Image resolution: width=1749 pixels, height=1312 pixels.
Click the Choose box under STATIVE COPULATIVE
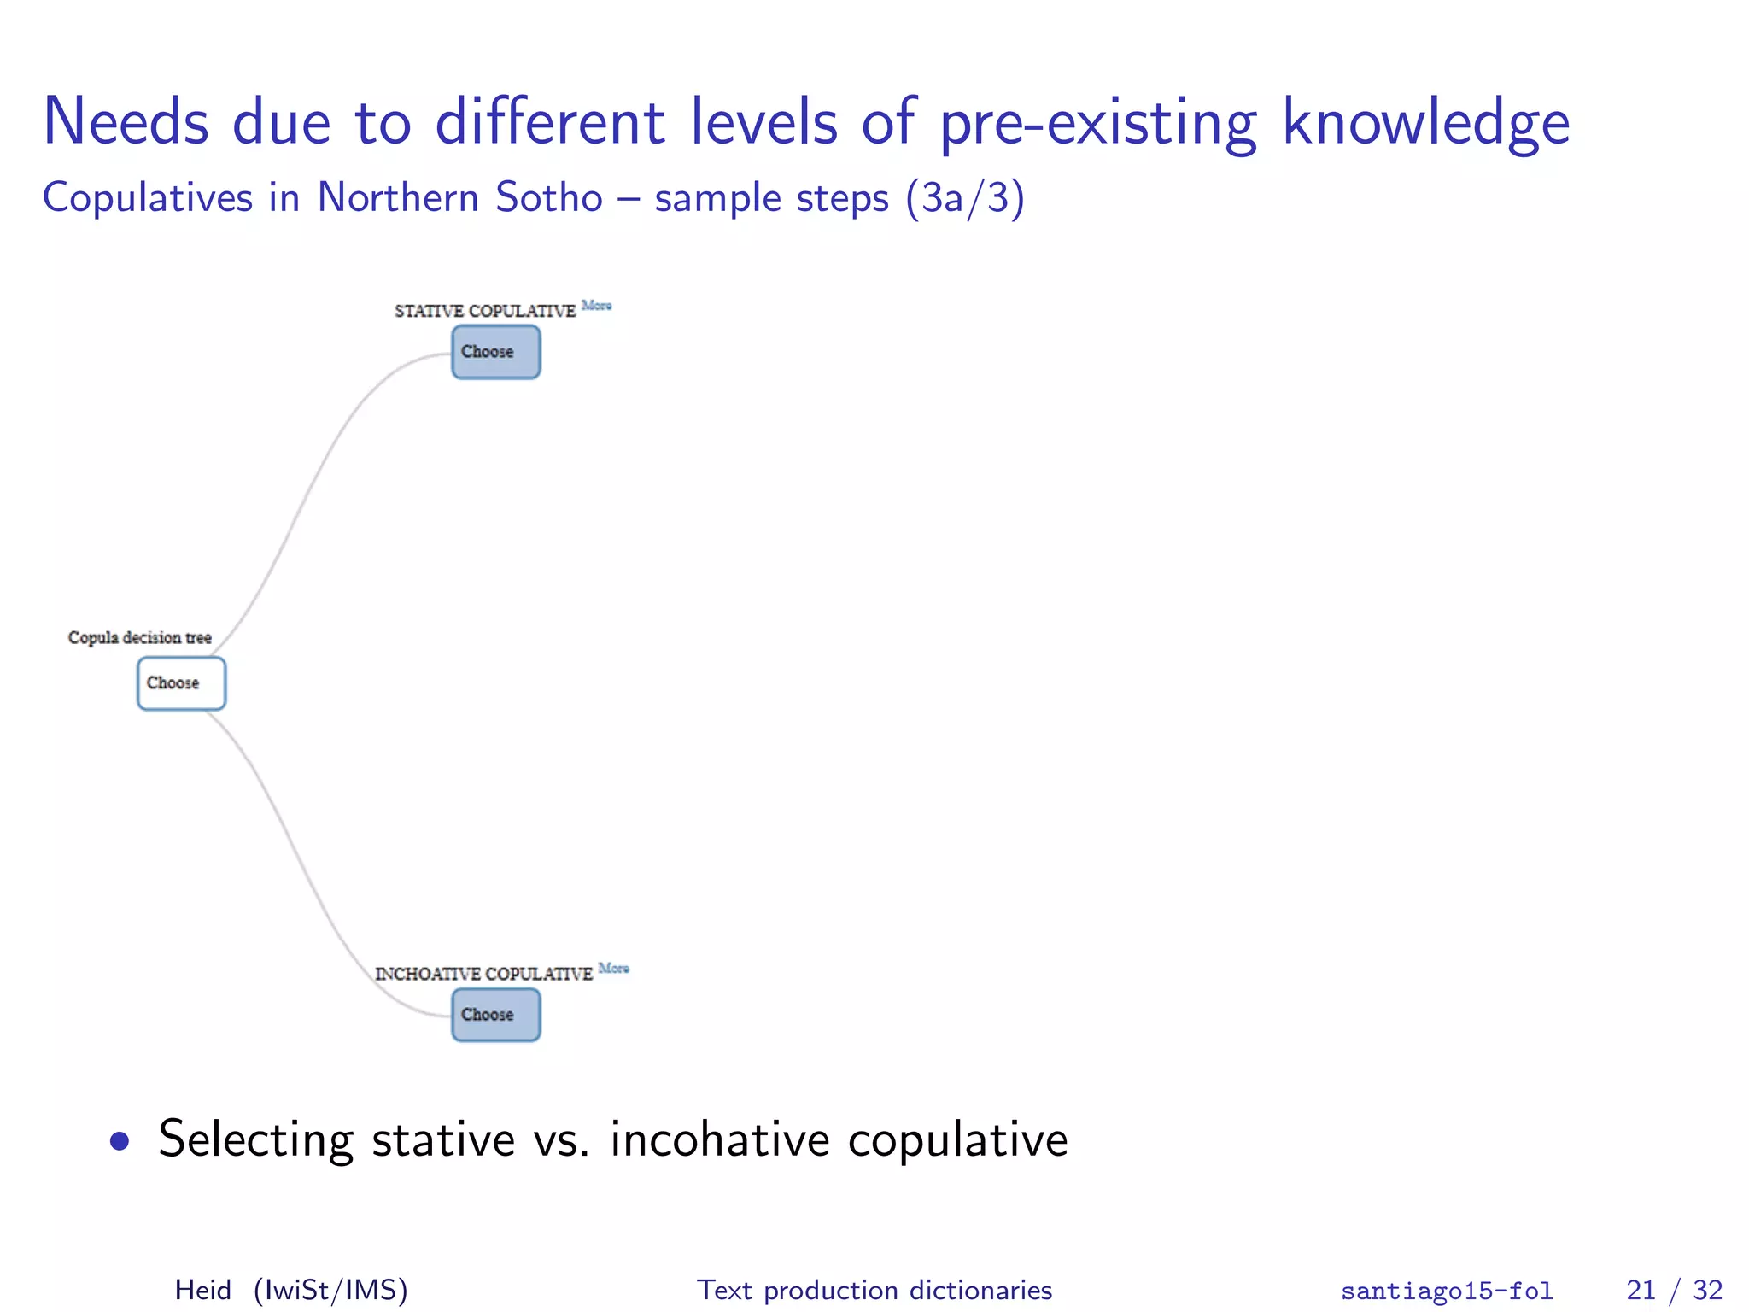pos(495,352)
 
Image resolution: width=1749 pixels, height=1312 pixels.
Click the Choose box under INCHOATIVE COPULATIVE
pos(495,1015)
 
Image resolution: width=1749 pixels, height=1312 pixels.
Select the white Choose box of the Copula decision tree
pos(181,683)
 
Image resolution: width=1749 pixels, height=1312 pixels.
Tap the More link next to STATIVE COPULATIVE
pos(596,305)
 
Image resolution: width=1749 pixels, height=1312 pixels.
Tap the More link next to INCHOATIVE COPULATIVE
pos(613,968)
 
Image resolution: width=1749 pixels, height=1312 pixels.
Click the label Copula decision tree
pos(139,637)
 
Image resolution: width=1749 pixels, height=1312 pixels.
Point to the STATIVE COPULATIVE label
pos(484,311)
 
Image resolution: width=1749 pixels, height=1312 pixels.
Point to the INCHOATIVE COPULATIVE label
pos(483,974)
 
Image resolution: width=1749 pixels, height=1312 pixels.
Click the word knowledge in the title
pos(1425,122)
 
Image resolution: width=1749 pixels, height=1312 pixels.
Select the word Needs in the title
pos(126,122)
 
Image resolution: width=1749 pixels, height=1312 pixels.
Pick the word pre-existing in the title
pos(1098,122)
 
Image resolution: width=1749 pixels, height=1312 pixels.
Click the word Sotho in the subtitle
pos(549,198)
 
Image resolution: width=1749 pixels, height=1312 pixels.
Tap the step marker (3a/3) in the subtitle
pos(964,198)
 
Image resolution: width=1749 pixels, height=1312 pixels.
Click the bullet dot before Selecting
pos(120,1141)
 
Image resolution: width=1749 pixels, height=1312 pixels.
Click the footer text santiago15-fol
pos(1447,1291)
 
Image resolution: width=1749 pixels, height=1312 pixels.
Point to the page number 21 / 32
pos(1673,1290)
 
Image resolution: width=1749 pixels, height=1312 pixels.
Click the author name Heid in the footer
pos(202,1290)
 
